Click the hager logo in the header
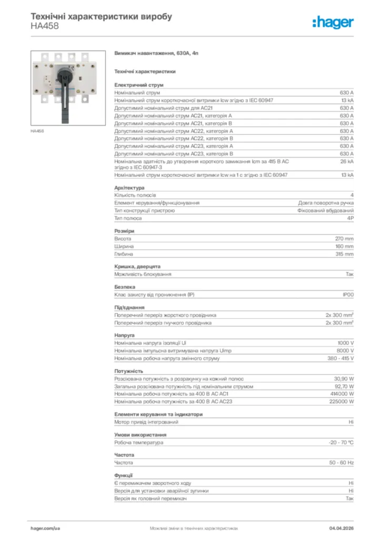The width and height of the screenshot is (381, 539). pyautogui.click(x=333, y=22)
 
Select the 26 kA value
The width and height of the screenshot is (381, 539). pyautogui.click(x=346, y=161)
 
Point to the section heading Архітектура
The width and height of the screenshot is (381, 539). pyautogui.click(x=129, y=188)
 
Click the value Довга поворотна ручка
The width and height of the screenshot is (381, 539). pyautogui.click(x=326, y=203)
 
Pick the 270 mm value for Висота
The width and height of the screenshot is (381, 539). pyautogui.click(x=345, y=238)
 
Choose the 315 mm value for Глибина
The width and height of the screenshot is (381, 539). pyautogui.click(x=345, y=254)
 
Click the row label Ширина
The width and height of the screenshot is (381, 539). pyautogui.click(x=124, y=246)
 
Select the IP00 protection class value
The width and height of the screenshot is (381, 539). pyautogui.click(x=348, y=295)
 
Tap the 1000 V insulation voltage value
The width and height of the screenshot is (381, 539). pyautogui.click(x=345, y=343)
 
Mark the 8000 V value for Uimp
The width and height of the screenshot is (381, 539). pyautogui.click(x=345, y=351)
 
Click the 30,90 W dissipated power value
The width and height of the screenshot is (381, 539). pyautogui.click(x=344, y=378)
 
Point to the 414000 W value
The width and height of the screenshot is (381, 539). pyautogui.click(x=342, y=394)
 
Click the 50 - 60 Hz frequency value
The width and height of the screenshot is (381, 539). pyautogui.click(x=341, y=463)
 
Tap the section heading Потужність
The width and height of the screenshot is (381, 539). pyautogui.click(x=129, y=371)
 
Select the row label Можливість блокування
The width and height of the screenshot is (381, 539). pyautogui.click(x=143, y=274)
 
